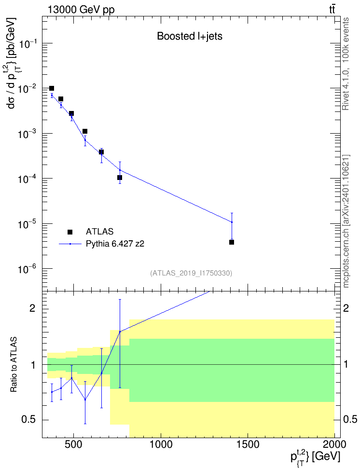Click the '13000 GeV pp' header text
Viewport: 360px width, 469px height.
(81, 10)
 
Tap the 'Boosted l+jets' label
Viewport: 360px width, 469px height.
(190, 36)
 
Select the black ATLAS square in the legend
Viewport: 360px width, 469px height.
(70, 232)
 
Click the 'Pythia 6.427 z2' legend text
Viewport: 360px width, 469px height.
(115, 244)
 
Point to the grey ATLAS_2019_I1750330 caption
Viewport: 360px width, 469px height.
(191, 273)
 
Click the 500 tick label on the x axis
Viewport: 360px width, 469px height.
(73, 444)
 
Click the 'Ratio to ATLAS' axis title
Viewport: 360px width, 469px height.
(14, 365)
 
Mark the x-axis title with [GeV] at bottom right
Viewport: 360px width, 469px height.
(316, 457)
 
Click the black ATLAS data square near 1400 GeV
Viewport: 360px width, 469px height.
(232, 242)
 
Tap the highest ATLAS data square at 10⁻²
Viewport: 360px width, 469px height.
(52, 88)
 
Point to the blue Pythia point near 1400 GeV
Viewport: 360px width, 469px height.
(232, 222)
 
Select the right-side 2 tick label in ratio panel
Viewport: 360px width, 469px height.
(346, 308)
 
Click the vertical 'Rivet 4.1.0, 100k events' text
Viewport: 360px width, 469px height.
(346, 64)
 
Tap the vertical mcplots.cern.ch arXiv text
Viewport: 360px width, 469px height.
(346, 221)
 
